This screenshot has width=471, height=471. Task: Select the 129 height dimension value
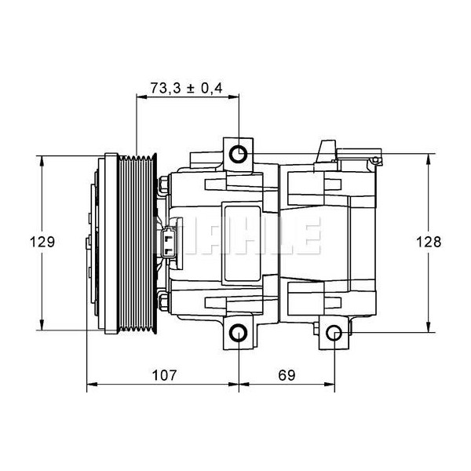[x=45, y=242]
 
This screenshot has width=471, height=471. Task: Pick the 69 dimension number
[x=287, y=375]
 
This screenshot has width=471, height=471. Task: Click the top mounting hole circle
[x=239, y=153]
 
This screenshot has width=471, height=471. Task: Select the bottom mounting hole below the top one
[x=239, y=335]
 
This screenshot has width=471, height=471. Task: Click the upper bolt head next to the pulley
[x=162, y=185]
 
